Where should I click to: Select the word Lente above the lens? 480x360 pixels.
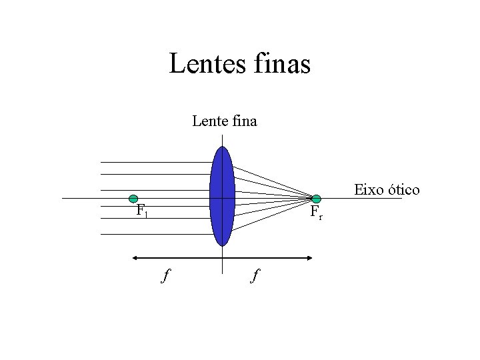(x=209, y=121)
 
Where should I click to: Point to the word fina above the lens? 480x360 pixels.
(x=243, y=121)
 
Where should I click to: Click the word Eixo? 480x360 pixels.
(x=368, y=190)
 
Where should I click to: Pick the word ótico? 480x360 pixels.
(x=403, y=190)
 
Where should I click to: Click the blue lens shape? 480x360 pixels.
(x=221, y=196)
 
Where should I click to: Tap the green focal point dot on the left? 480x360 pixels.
(x=133, y=199)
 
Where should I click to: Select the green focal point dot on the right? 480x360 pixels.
(x=316, y=199)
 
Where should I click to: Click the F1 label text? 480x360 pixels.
(x=141, y=211)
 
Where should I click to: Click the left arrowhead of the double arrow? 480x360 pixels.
(x=134, y=257)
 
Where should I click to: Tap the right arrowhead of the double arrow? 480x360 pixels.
(x=310, y=257)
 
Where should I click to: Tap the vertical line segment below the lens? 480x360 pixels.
(x=221, y=260)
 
